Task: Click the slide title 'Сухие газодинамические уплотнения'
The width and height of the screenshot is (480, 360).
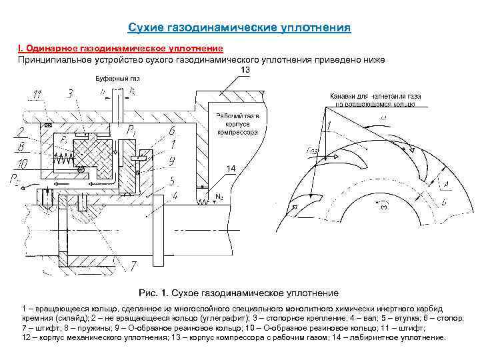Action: click(x=239, y=28)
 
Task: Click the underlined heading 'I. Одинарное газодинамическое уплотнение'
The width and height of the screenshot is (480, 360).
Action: click(x=121, y=49)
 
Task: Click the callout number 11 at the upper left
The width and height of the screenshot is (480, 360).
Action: click(x=38, y=95)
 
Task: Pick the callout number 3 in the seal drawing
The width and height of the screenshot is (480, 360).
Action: click(x=70, y=93)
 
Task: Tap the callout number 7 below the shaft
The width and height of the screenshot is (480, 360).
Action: click(x=133, y=267)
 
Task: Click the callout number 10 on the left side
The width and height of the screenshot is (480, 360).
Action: click(x=23, y=162)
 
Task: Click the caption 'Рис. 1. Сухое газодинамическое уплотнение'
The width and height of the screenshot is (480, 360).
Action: click(x=238, y=293)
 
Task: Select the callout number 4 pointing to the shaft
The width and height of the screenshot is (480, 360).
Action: click(x=175, y=195)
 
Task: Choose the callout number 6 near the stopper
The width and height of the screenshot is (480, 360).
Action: click(x=173, y=131)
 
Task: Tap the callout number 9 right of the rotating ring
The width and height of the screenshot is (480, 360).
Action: click(x=173, y=160)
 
